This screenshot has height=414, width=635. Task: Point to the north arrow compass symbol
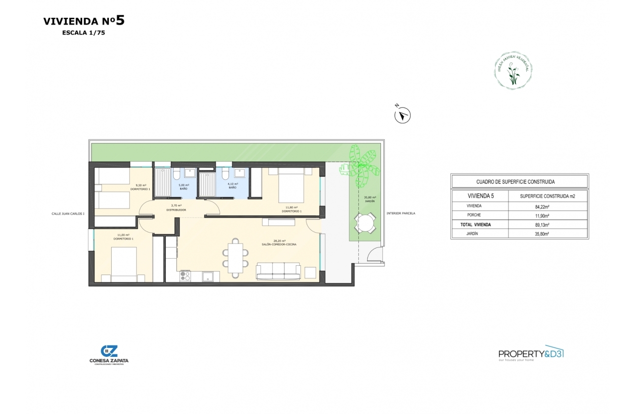point(403,115)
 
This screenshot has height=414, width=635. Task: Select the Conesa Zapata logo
point(109,354)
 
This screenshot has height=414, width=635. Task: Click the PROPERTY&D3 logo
point(531,353)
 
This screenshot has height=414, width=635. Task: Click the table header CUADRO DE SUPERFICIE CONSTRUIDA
point(519,182)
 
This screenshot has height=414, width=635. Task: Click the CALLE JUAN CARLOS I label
point(68,214)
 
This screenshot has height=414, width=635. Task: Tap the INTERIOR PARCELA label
point(401,213)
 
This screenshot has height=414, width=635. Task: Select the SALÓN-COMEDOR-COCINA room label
point(279,243)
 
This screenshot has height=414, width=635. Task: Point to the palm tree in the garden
point(360,165)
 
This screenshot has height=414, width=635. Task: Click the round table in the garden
point(364,223)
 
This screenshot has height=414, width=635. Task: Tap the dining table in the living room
point(235,255)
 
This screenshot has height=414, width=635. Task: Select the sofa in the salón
point(278,271)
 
